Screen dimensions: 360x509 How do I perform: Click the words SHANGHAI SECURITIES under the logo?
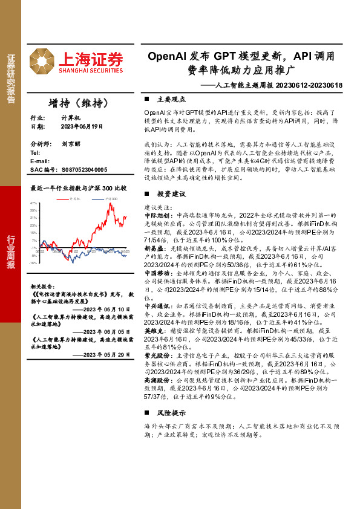point(91,71)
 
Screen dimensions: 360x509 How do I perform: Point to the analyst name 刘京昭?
point(71,145)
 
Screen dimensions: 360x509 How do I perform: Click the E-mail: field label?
point(40,161)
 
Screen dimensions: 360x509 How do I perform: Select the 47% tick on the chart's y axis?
point(34,204)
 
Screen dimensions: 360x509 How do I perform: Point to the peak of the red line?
point(110,204)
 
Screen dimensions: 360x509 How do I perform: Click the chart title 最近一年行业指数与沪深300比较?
point(79,188)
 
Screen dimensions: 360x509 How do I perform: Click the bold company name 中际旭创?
point(157,215)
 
